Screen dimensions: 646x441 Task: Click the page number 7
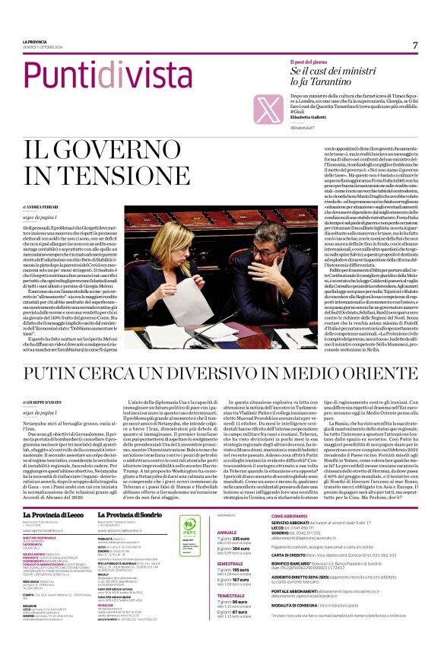415,46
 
